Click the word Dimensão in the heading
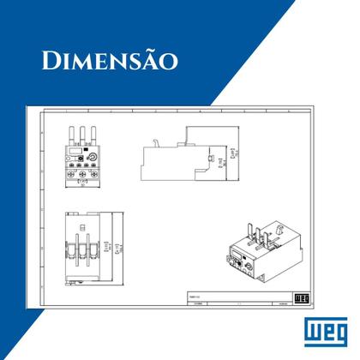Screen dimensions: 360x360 (108, 61)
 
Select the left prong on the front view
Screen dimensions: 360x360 (71, 136)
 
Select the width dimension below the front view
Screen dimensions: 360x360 (81, 182)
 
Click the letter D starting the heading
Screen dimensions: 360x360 (51, 61)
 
